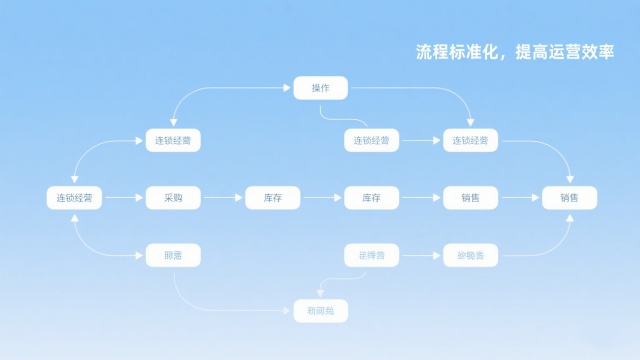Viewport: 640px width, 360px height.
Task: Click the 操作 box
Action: point(320,88)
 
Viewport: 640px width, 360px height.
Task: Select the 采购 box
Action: point(173,198)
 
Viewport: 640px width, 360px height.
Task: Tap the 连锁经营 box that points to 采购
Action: point(75,198)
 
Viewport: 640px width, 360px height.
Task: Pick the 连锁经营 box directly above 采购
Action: point(173,141)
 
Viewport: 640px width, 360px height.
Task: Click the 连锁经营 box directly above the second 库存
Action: point(371,141)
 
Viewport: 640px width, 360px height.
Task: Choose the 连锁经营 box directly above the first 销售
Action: point(470,141)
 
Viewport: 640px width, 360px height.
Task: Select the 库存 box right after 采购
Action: point(272,198)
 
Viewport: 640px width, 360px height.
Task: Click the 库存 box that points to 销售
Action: point(371,198)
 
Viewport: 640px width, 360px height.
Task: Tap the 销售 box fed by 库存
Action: point(470,198)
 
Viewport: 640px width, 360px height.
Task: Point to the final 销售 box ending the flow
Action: point(569,198)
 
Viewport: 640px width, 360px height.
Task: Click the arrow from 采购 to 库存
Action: point(223,198)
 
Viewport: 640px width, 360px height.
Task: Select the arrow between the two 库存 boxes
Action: point(322,198)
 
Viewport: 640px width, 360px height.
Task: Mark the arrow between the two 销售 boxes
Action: point(520,198)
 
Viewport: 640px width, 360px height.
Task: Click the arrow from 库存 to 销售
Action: point(421,198)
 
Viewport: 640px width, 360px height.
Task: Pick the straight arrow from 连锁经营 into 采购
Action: point(124,198)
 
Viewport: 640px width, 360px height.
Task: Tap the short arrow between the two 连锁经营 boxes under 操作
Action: point(421,141)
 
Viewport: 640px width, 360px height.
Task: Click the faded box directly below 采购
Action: point(173,256)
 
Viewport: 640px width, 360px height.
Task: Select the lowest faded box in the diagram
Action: point(320,312)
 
